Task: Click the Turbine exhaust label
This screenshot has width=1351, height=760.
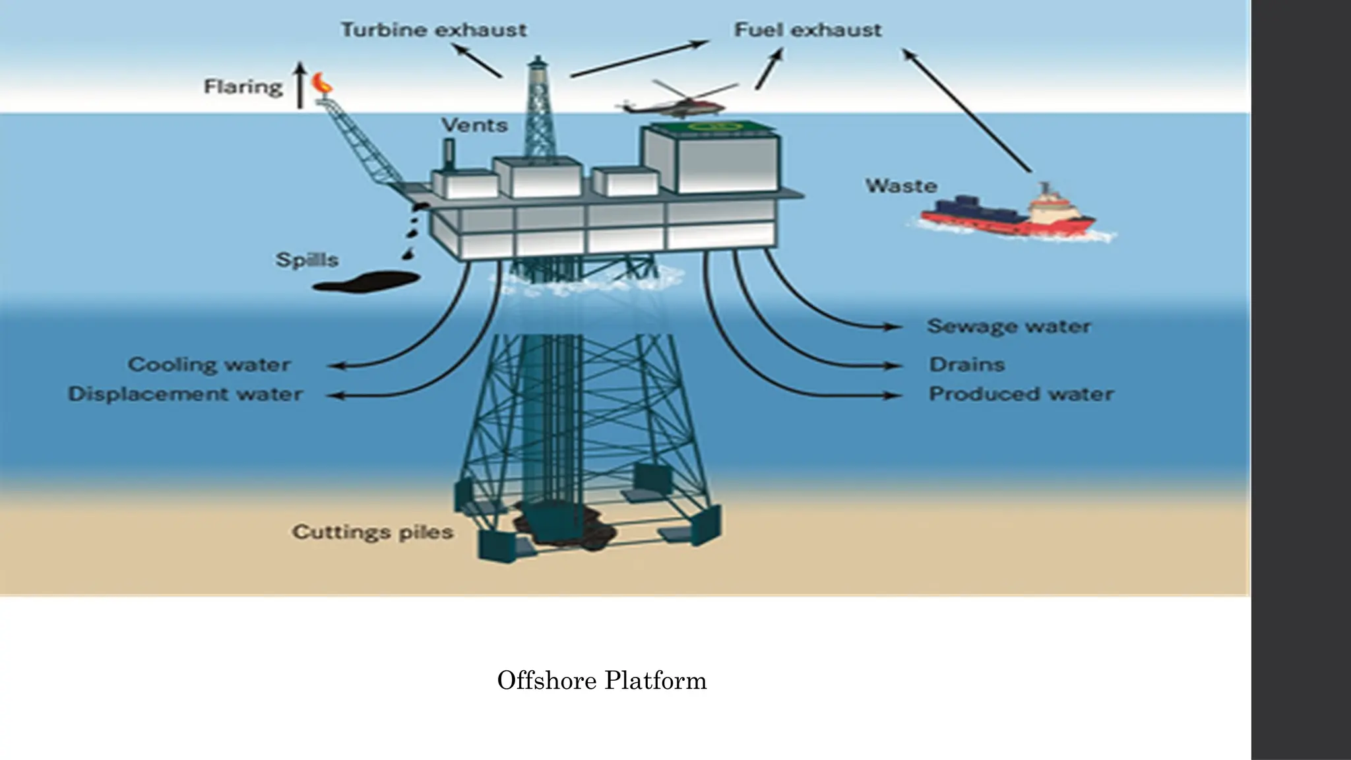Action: coord(433,30)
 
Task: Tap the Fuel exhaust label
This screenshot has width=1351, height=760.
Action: coord(807,30)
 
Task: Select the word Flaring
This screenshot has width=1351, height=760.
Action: coord(243,87)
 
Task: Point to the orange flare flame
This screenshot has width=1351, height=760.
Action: coord(323,82)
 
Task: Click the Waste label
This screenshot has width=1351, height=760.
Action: coord(901,186)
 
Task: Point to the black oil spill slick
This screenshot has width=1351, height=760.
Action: coord(366,282)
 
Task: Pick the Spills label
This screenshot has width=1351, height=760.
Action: coord(307,260)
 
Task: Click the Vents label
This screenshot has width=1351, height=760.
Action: coord(474,125)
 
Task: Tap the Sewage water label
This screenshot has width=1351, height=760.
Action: coord(1009,327)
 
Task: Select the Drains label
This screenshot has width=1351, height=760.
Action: coord(967,365)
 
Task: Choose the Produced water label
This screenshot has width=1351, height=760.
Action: coord(1021,395)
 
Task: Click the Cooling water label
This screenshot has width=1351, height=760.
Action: coord(209,365)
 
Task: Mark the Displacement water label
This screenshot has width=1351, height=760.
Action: coord(185,395)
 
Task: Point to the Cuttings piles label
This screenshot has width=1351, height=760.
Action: coord(373,532)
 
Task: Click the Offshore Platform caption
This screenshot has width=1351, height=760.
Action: coord(602,681)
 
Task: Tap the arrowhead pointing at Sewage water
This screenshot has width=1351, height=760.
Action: coord(895,327)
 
